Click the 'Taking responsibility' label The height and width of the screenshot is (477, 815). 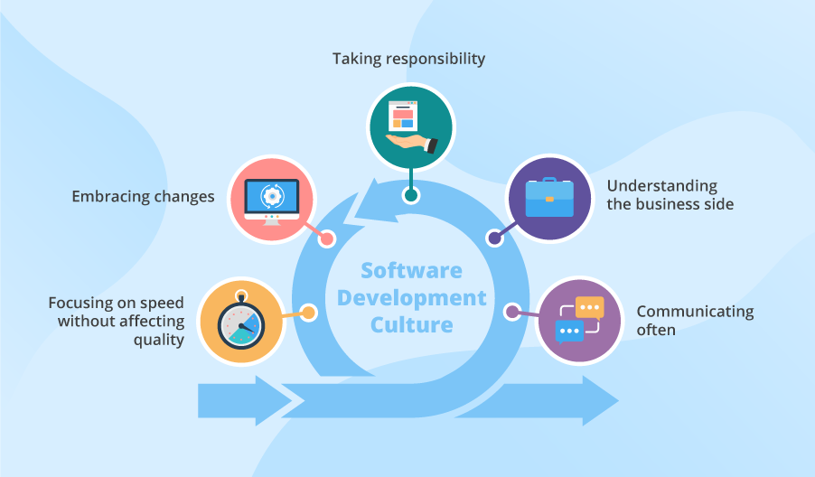click(x=408, y=59)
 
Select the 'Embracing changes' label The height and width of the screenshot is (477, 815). click(x=143, y=196)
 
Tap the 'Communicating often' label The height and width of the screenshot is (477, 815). click(x=694, y=320)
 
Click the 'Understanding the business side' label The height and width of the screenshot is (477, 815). click(x=670, y=195)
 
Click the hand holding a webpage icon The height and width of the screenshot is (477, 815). click(x=410, y=126)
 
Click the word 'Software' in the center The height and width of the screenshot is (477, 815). click(x=411, y=270)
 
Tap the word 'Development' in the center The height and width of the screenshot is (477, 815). click(x=411, y=297)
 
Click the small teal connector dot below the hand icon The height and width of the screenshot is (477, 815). click(x=411, y=194)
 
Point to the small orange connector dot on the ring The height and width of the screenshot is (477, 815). click(x=308, y=313)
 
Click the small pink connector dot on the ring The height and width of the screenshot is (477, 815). click(x=327, y=239)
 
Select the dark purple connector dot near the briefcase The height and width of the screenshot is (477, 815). click(x=494, y=238)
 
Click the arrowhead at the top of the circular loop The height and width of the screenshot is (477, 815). click(x=370, y=201)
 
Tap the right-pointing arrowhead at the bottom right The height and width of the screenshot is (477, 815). click(x=600, y=399)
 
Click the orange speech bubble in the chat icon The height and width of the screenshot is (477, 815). click(x=589, y=308)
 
